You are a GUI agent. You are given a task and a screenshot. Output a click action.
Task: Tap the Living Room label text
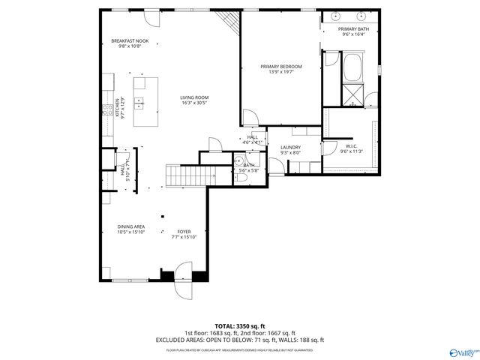(x=193, y=100)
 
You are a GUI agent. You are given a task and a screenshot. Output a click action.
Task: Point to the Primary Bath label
(x=352, y=31)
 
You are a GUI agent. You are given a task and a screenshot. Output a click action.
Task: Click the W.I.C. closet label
(x=351, y=148)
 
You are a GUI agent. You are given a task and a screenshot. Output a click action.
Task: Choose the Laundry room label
(x=290, y=150)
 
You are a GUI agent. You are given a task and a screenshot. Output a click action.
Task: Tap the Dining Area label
(x=130, y=229)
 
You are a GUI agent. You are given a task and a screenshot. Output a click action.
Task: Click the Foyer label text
(x=184, y=234)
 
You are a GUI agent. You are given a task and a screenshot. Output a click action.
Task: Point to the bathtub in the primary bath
(x=352, y=69)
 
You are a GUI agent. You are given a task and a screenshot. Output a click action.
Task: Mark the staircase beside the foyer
(x=184, y=177)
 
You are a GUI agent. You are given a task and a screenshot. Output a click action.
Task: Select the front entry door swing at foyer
(x=184, y=280)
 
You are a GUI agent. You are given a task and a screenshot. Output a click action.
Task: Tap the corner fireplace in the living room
(x=227, y=22)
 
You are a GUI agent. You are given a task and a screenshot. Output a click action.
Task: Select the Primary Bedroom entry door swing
(x=250, y=118)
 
